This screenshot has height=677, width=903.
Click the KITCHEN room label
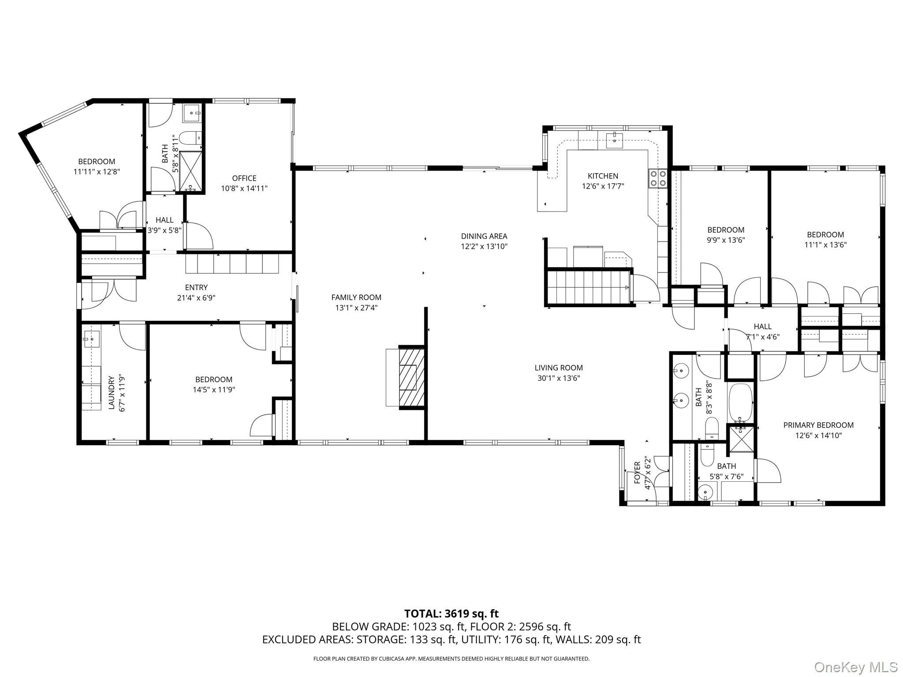pyautogui.click(x=603, y=176)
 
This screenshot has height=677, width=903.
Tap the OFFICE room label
pyautogui.click(x=244, y=178)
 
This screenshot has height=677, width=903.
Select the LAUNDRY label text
pyautogui.click(x=112, y=393)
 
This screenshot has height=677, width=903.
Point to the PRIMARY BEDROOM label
pyautogui.click(x=818, y=425)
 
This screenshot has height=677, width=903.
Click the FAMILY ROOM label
pyautogui.click(x=356, y=298)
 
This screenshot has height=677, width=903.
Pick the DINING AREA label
pyautogui.click(x=484, y=236)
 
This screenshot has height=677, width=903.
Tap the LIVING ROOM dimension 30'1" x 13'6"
pyautogui.click(x=559, y=378)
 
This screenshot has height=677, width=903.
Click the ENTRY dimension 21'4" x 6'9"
pyautogui.click(x=196, y=298)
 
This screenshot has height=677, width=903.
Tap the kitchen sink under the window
pyautogui.click(x=614, y=140)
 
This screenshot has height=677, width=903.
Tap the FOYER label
pyautogui.click(x=637, y=472)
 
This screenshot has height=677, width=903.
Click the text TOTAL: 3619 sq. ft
pyautogui.click(x=451, y=614)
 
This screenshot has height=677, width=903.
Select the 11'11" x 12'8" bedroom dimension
pyautogui.click(x=97, y=171)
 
